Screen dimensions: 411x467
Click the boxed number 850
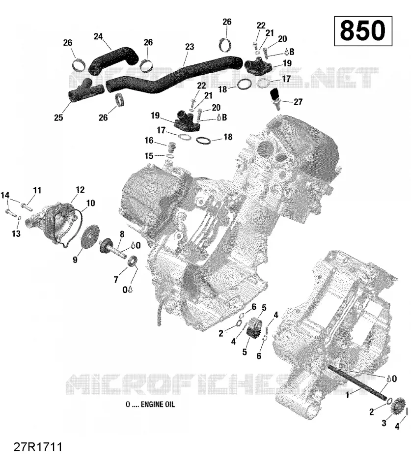tap(363, 30)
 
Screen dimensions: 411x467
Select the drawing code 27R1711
tap(38, 447)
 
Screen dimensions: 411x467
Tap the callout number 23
tap(190, 47)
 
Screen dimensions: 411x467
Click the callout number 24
tap(99, 36)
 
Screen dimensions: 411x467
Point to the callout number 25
tap(58, 117)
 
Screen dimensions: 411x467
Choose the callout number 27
tap(298, 102)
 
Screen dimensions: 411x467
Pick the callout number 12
tap(80, 190)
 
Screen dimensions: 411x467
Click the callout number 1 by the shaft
tap(347, 395)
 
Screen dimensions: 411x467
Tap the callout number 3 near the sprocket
tap(384, 423)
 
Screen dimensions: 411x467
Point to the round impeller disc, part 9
tap(90, 236)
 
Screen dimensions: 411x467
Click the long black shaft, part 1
tap(357, 383)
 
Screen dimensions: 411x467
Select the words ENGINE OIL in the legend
tap(158, 404)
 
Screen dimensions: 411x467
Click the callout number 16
tap(149, 140)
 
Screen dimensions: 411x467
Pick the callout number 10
tap(90, 203)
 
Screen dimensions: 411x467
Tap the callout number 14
tap(5, 195)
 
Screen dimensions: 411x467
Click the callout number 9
tap(75, 260)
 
